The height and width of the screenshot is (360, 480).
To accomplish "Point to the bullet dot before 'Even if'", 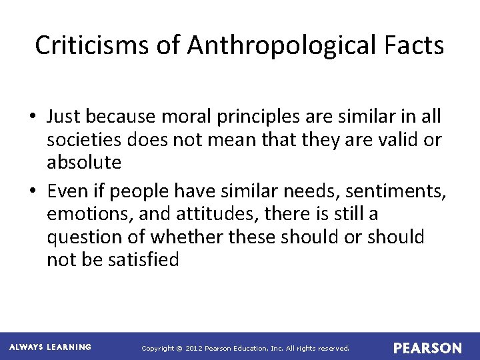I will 33,192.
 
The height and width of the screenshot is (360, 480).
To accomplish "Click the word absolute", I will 84,162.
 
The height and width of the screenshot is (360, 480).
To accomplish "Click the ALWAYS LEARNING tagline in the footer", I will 51,347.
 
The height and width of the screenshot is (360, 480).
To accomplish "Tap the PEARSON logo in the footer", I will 427,348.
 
